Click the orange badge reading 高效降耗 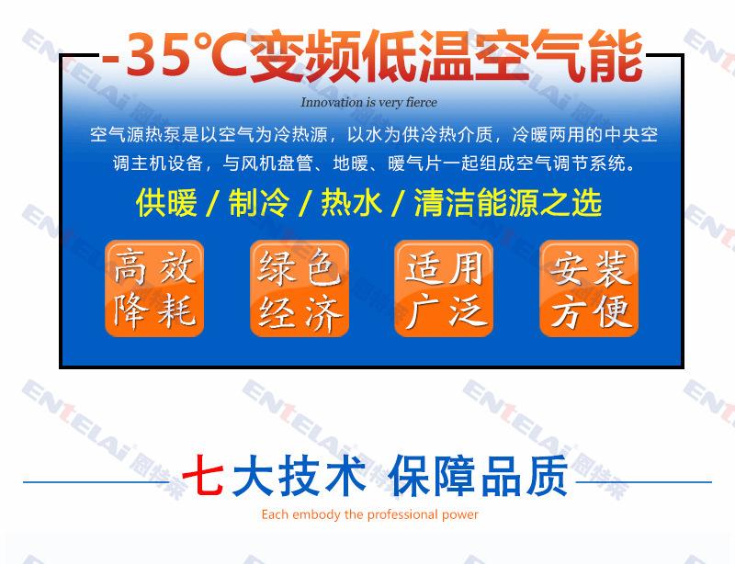coord(154,288)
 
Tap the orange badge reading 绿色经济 coord(300,288)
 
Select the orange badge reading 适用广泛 coord(444,288)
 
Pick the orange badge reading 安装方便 coord(589,288)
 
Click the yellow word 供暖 coord(166,203)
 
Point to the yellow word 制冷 coord(259,203)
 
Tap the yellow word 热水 coord(352,203)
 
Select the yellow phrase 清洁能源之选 coord(508,203)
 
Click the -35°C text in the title coord(175,54)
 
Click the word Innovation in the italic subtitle coord(332,102)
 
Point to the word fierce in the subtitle coord(422,102)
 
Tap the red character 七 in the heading coord(202,475)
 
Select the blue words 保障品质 coord(478,476)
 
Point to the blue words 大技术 coord(300,476)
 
